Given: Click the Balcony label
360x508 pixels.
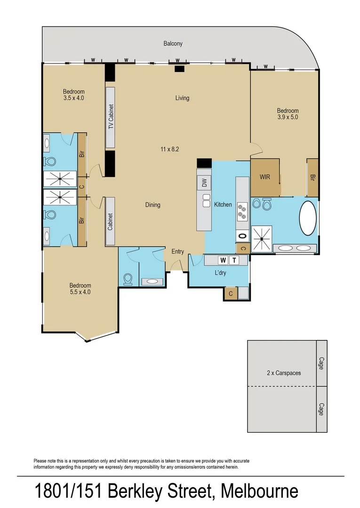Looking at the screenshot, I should [x=173, y=44].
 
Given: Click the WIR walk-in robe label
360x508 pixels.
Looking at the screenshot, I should [x=265, y=177].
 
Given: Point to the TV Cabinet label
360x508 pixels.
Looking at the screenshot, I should [x=111, y=117].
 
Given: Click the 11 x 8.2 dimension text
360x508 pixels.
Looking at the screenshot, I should [x=170, y=149].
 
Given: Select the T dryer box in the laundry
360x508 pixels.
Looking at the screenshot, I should [x=233, y=260].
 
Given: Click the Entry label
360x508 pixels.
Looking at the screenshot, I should [x=177, y=252].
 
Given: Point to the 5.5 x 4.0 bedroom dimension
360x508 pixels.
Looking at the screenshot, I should [x=80, y=292].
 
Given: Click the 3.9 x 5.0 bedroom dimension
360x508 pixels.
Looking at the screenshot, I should [x=288, y=117].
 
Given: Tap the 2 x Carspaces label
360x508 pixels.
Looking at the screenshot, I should [x=283, y=373].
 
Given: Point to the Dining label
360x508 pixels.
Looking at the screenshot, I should [x=152, y=205].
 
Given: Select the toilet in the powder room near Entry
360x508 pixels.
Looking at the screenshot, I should [x=127, y=279].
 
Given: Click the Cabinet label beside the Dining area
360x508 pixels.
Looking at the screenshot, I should [x=111, y=221].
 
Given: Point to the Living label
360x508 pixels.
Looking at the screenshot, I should [x=182, y=98].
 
